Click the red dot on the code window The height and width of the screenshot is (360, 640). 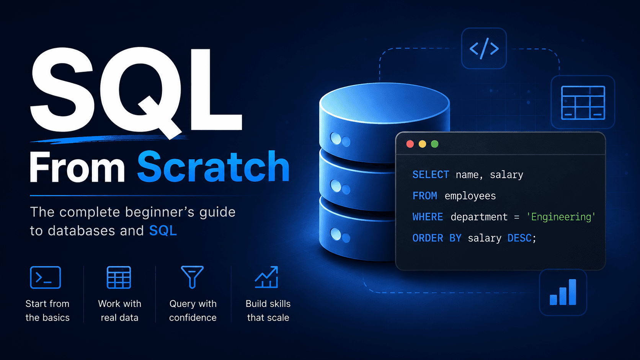pyautogui.click(x=410, y=144)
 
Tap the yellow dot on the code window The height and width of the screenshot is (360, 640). pyautogui.click(x=422, y=144)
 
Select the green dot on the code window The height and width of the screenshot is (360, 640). pyautogui.click(x=434, y=144)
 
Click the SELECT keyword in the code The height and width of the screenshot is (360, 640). pyautogui.click(x=431, y=175)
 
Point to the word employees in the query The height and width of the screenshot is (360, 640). pyautogui.click(x=470, y=196)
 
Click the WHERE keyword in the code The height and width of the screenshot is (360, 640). pyautogui.click(x=428, y=217)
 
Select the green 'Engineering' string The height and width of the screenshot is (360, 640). pyautogui.click(x=561, y=217)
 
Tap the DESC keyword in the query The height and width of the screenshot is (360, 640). pyautogui.click(x=519, y=238)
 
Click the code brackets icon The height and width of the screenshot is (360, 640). pyautogui.click(x=484, y=48)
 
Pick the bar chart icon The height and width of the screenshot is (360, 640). pyautogui.click(x=563, y=292)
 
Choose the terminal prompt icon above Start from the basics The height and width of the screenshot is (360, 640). pyautogui.click(x=46, y=277)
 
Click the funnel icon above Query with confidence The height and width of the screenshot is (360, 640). pyautogui.click(x=192, y=277)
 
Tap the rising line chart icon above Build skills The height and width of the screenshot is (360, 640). pyautogui.click(x=266, y=277)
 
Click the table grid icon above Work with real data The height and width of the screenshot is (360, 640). pyautogui.click(x=119, y=277)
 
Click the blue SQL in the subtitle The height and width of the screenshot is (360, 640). pyautogui.click(x=163, y=231)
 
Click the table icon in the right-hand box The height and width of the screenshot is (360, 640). pyautogui.click(x=583, y=103)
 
